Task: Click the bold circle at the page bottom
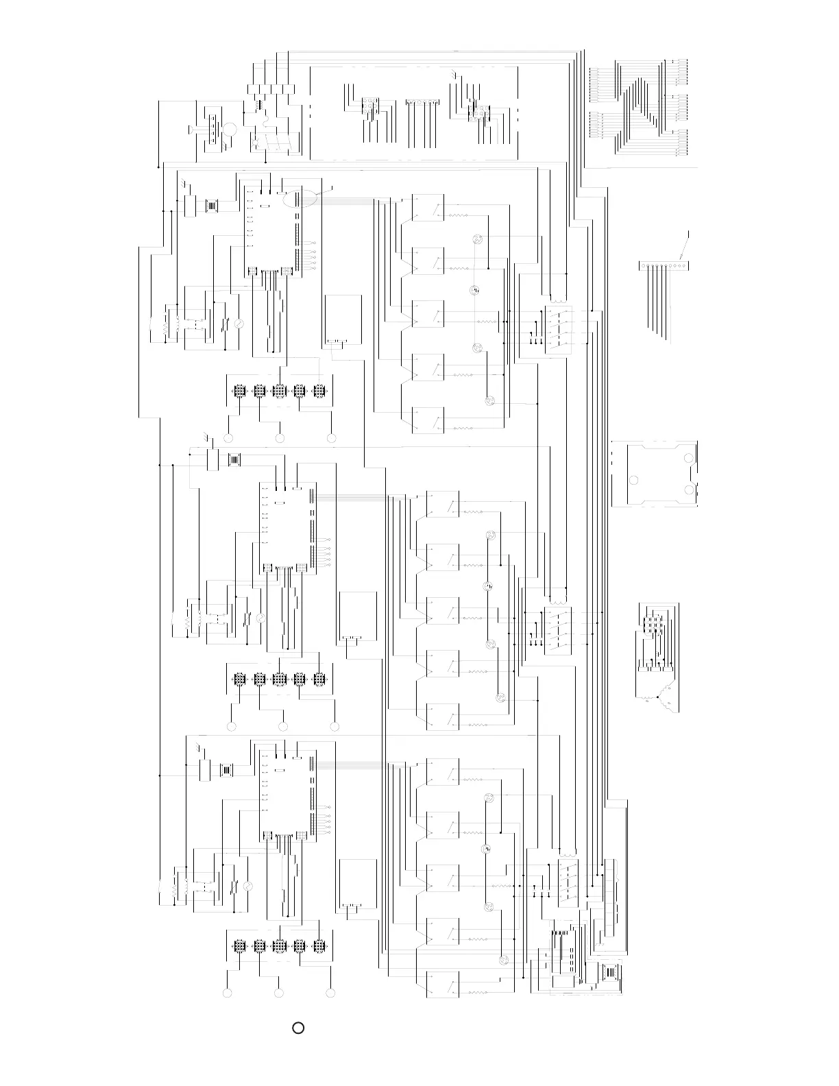click(298, 1028)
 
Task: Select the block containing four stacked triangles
click(213, 128)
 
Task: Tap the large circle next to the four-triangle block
click(231, 129)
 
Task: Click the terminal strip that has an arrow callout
click(663, 266)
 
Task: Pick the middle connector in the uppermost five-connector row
click(279, 391)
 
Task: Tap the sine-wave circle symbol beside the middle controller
click(260, 618)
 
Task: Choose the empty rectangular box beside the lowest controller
click(357, 884)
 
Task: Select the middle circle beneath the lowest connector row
click(279, 993)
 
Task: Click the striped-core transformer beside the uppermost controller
click(213, 205)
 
